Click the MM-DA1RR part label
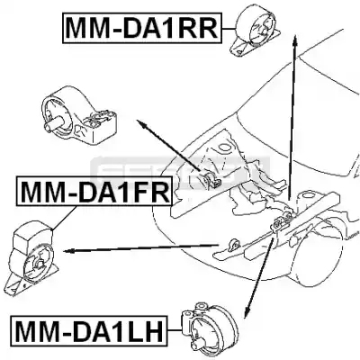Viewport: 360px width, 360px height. coord(141,28)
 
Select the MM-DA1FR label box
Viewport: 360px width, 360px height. coord(94,192)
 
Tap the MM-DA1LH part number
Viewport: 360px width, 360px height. coord(89,331)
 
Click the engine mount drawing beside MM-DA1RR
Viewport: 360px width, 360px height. coord(256,31)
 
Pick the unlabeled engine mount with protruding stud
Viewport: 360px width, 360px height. coord(78,117)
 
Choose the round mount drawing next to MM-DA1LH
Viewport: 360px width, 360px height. coord(209,330)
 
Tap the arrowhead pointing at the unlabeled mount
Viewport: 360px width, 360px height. coord(141,123)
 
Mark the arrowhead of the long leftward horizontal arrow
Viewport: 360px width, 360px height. coord(67,251)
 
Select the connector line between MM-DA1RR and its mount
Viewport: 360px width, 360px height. coord(229,29)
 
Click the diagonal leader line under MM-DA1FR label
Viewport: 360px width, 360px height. coord(64,218)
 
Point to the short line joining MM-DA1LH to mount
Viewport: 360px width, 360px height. coord(175,330)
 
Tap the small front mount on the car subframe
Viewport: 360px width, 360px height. coord(233,245)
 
